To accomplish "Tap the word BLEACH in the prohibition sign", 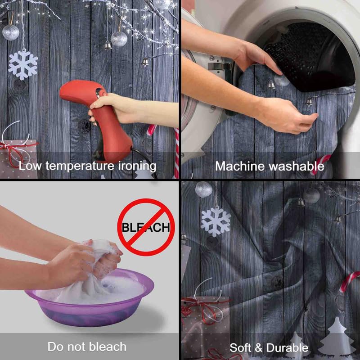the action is coord(146,228).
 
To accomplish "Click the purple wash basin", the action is coord(90,301).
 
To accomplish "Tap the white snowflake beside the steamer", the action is coord(23,65).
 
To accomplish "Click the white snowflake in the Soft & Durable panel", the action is coord(216,221).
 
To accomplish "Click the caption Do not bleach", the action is coord(87,346).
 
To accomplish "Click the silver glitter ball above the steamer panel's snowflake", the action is coord(10,32).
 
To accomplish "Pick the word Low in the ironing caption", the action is coord(30,166).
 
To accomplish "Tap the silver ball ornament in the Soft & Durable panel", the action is coord(204,189).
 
